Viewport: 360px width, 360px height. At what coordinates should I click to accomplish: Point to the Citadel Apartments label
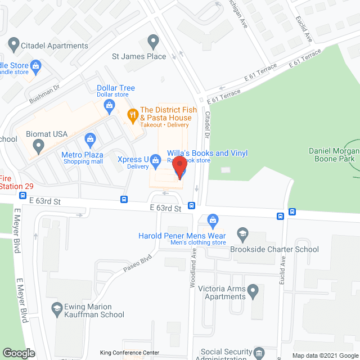(54, 46)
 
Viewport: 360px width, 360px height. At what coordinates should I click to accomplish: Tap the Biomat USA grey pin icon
(38, 147)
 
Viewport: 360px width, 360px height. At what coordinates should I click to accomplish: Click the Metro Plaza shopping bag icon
(89, 139)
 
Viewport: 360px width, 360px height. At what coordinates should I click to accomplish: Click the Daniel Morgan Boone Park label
(332, 155)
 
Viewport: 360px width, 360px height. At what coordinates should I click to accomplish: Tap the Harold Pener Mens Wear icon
(213, 219)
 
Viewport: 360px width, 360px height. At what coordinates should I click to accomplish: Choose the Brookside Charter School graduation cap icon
(242, 233)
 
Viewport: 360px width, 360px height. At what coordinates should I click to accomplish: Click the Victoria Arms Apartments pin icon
(253, 292)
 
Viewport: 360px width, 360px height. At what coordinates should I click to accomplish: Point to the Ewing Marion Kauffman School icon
(56, 309)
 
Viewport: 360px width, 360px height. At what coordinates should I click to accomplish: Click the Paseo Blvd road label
(138, 265)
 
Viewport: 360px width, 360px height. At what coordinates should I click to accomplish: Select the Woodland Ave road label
(193, 264)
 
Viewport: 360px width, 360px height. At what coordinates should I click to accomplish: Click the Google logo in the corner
(18, 353)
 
